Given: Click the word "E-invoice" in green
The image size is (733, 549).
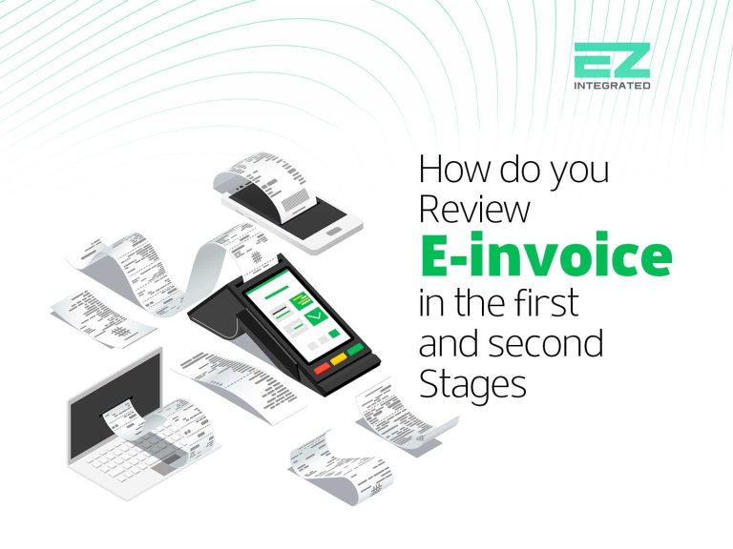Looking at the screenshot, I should pyautogui.click(x=545, y=258).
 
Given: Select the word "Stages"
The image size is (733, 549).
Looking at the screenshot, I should pyautogui.click(x=472, y=386).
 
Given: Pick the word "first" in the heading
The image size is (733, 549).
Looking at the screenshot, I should pyautogui.click(x=549, y=301).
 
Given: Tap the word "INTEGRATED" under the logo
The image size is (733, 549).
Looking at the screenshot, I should pyautogui.click(x=612, y=86).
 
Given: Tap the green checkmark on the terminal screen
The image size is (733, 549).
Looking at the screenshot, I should pyautogui.click(x=315, y=309).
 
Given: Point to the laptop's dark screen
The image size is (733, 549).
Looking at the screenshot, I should pyautogui.click(x=100, y=391).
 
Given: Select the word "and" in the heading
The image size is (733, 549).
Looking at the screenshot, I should pyautogui.click(x=452, y=343).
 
